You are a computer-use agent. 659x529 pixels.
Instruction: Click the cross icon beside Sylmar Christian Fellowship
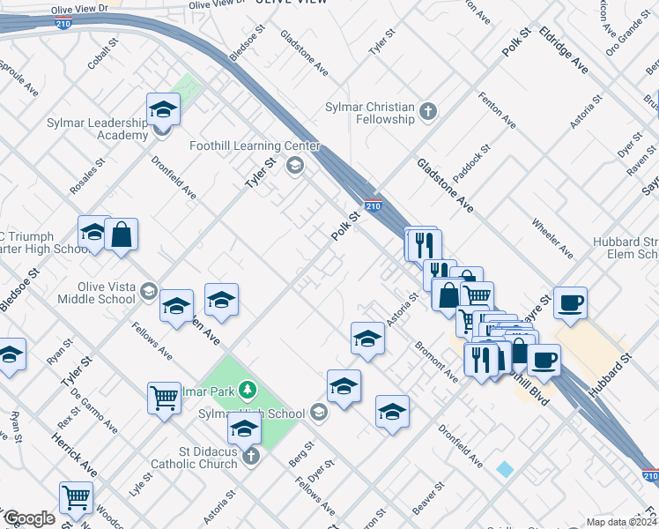[x=427, y=111]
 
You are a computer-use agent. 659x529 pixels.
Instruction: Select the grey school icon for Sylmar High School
[x=319, y=413]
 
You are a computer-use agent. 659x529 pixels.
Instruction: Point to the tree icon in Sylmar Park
[x=248, y=389]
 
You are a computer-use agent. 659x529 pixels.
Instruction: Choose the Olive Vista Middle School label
[x=94, y=293]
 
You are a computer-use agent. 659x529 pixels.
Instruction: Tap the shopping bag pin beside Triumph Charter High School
[x=121, y=235]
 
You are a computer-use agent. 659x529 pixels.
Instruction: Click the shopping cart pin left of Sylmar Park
[x=165, y=399]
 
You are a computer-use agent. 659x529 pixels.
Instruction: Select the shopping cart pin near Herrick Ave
[x=76, y=498]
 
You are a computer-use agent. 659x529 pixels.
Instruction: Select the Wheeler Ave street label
[x=552, y=236]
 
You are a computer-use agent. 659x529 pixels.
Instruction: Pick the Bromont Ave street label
[x=435, y=361]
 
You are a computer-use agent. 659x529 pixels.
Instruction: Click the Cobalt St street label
[x=103, y=56]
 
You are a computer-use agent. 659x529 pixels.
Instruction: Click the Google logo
[x=29, y=518]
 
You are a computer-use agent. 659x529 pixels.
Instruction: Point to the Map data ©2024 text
[x=621, y=522]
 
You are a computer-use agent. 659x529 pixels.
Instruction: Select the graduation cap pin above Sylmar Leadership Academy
[x=163, y=109]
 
